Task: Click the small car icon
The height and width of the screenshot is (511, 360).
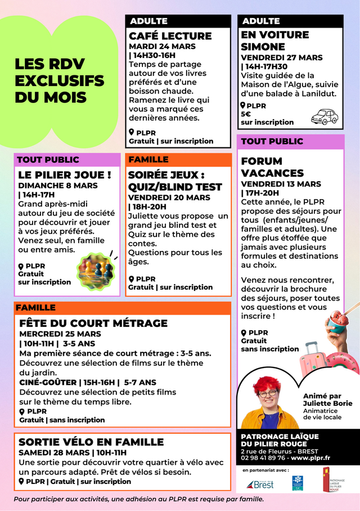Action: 324,116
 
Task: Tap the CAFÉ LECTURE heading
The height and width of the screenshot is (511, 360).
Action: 170,36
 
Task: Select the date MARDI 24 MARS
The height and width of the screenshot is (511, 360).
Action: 163,46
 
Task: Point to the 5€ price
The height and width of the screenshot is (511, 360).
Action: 246,114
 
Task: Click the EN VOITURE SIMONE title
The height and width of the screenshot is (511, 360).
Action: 275,41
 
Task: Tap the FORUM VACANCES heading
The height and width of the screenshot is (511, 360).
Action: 272,167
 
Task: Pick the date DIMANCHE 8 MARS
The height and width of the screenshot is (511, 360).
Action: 58,185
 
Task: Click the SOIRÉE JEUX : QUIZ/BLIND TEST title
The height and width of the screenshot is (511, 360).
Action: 175,181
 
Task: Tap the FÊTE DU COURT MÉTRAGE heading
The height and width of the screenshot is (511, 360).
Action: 93,323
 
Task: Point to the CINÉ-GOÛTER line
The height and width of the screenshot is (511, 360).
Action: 88,382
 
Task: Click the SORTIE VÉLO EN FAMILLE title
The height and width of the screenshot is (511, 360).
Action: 91,442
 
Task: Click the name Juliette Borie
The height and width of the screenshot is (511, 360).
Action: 327,403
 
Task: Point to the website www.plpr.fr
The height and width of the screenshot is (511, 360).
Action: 310,458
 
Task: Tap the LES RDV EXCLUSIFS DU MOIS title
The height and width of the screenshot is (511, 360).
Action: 59,80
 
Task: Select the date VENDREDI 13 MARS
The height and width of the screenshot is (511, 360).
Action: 281,184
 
